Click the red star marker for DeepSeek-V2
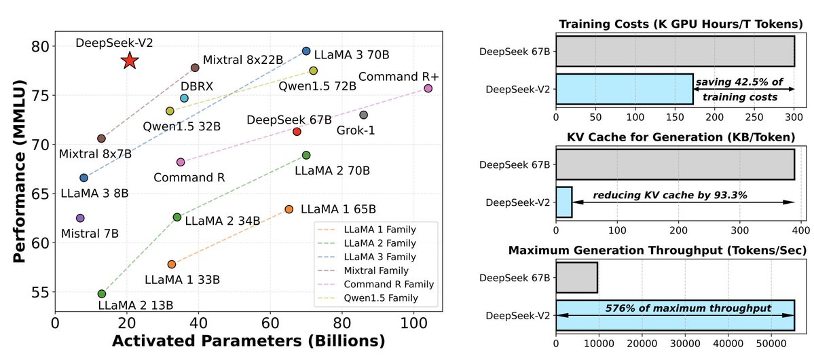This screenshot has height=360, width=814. (130, 61)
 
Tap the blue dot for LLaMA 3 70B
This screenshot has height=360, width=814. (306, 51)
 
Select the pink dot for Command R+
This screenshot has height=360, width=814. (428, 88)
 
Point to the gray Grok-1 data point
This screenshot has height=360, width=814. (363, 115)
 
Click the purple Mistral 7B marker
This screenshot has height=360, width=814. (80, 218)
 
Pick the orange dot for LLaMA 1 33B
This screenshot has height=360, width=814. (172, 264)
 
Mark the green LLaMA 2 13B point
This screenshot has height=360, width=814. (102, 293)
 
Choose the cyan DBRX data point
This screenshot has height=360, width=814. (184, 98)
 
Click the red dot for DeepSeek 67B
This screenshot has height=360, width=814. (297, 131)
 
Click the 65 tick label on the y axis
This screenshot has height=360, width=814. (41, 194)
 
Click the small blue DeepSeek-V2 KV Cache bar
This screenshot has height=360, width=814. (564, 202)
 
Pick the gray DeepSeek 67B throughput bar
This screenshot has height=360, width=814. (576, 277)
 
